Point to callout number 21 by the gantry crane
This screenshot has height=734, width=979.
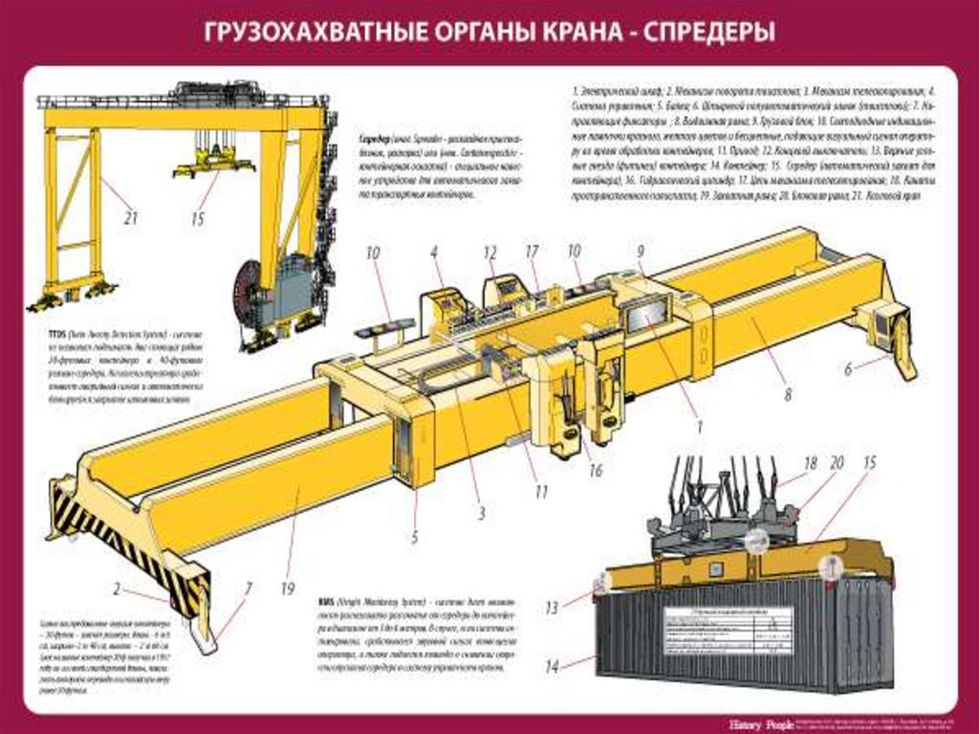130,218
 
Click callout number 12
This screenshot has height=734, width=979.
490,252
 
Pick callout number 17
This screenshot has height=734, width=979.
533,253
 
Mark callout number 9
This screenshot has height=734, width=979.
641,252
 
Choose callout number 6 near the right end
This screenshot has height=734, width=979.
848,367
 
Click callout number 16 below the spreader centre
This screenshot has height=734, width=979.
596,471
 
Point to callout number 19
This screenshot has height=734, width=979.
287,589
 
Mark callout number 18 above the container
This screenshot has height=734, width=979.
810,464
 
